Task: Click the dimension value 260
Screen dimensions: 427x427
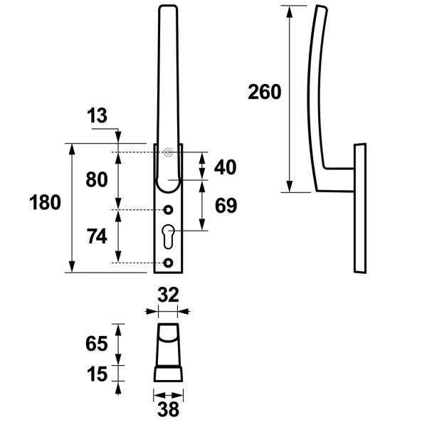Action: (x=265, y=92)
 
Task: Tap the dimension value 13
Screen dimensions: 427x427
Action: (x=97, y=115)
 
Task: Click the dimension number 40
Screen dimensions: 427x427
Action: (x=225, y=167)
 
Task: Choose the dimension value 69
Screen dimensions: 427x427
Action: (x=225, y=206)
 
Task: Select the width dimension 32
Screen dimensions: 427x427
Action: (x=168, y=295)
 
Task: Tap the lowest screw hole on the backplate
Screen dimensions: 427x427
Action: (x=169, y=263)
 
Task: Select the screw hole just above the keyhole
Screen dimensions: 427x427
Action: (x=169, y=210)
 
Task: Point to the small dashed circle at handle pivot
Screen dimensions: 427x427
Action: (x=169, y=152)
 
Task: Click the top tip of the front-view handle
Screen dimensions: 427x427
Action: (x=169, y=8)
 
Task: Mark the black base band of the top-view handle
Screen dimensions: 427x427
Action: (x=168, y=375)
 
